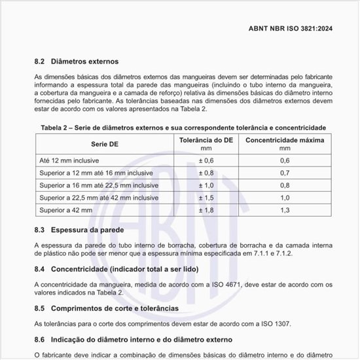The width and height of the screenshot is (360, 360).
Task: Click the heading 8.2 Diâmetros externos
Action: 76,62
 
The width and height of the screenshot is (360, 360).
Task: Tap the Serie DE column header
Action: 104,143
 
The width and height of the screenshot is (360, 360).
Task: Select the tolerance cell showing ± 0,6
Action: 206,160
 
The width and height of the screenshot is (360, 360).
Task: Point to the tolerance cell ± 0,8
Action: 206,173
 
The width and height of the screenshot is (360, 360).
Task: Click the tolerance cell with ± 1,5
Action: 206,197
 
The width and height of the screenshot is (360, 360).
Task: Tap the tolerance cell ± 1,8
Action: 206,209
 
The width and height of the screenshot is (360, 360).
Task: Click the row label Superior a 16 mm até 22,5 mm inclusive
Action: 99,185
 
